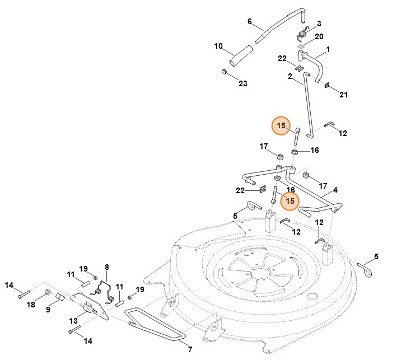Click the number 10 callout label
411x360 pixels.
coord(218,45)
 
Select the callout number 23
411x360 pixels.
coord(242,83)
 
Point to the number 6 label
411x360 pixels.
coord(250,21)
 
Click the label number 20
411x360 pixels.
coord(319,36)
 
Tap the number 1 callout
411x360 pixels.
coord(328,49)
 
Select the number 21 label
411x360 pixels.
coord(343,95)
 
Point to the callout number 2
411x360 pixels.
coord(291,76)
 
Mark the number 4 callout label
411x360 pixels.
coord(335,190)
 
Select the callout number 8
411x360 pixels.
coord(106,267)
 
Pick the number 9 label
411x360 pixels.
coord(48,308)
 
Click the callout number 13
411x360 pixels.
coord(73,320)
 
